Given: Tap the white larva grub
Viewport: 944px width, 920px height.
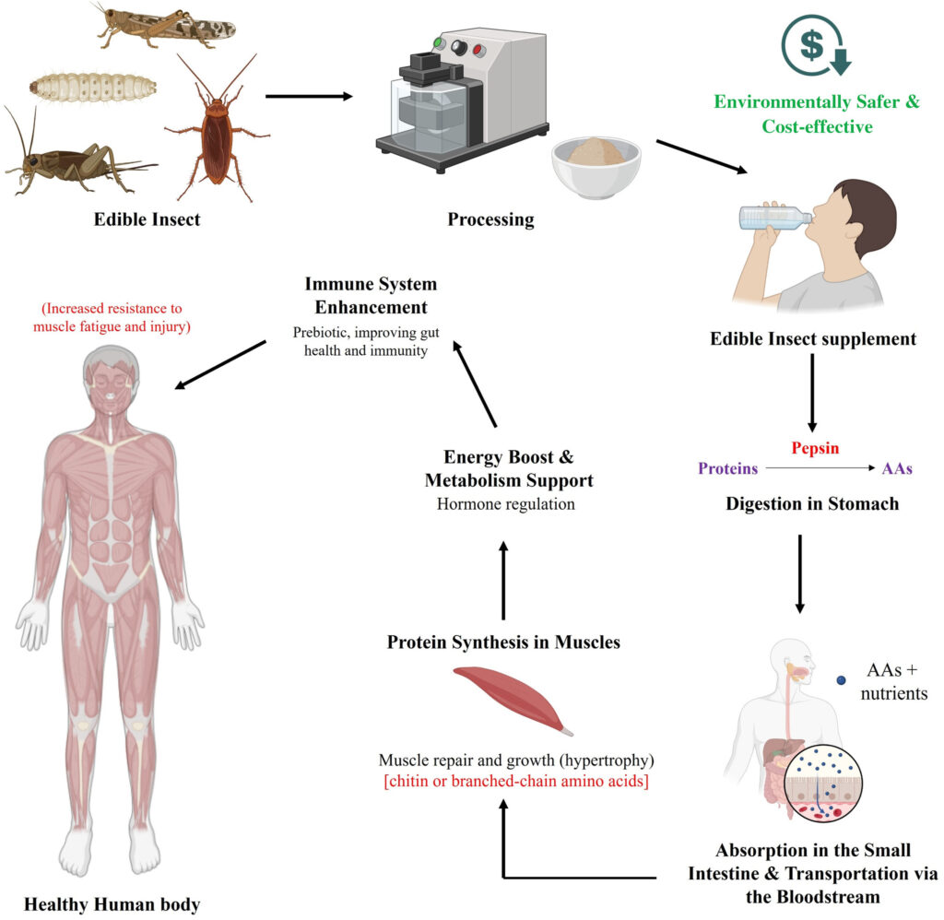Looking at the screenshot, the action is pos(93,88).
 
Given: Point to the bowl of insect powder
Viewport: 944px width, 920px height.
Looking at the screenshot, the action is pos(596,167).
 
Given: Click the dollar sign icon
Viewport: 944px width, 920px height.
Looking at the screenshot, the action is pos(812,44).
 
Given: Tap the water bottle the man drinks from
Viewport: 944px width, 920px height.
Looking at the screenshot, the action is pos(774,218).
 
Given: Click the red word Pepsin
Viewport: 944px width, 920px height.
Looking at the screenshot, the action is pos(815,449).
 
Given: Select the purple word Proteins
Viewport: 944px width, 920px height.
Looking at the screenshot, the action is pos(728,468).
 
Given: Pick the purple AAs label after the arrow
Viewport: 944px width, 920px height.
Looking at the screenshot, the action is pos(897,468).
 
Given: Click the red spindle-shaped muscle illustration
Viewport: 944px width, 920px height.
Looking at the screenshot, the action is pos(513,700).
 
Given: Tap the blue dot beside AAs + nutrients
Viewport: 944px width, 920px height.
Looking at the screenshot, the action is pos(841,680).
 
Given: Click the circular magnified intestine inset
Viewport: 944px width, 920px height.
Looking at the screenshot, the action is pos(824,784).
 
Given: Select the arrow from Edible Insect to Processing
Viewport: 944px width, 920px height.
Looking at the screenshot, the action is pos(309,97).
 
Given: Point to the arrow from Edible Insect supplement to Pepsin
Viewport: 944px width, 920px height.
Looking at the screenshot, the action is pos(812,393).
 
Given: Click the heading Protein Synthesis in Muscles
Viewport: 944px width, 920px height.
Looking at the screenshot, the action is pos(503,643).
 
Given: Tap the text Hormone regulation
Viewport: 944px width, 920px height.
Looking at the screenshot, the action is pos(506,504).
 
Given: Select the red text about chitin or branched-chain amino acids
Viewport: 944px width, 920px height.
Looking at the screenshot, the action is pos(516,782).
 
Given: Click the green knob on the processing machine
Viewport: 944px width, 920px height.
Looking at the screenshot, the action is pos(440,42).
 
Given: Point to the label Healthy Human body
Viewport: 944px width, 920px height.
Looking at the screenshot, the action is pos(112,904).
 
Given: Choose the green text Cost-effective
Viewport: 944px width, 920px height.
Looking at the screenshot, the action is pos(817,126).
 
